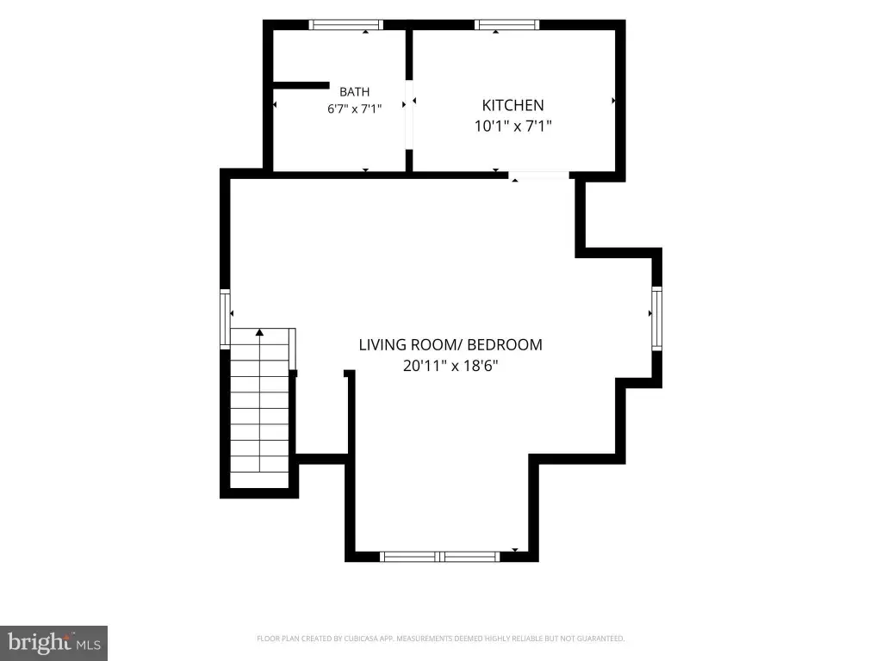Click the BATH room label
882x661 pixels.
click(354, 91)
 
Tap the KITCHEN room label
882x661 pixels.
click(513, 105)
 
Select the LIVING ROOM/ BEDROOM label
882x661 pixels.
click(450, 344)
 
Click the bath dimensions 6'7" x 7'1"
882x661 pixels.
click(354, 108)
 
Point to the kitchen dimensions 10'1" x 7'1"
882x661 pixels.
click(513, 126)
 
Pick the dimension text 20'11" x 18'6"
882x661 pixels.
click(450, 366)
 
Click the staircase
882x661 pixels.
click(260, 408)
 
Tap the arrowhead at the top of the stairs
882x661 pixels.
click(259, 332)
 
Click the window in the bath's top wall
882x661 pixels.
click(346, 25)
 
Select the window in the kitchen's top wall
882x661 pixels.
click(506, 25)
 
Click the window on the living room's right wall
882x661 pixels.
click(656, 318)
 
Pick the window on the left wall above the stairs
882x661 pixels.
click(225, 318)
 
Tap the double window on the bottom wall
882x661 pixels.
click(439, 557)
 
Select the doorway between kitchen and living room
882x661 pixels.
click(539, 176)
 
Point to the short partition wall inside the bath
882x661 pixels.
click(301, 85)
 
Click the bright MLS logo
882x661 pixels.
click(54, 643)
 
